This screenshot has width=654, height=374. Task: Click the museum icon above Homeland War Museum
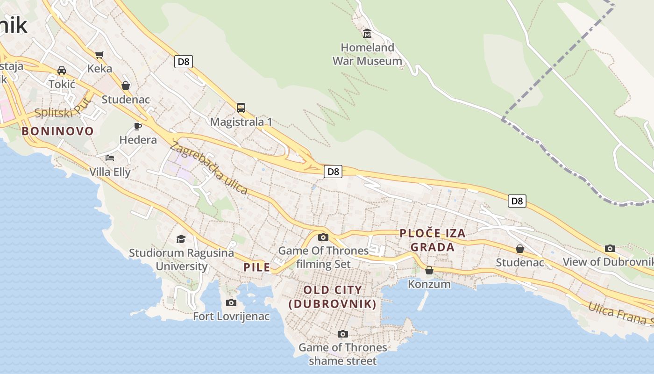367,34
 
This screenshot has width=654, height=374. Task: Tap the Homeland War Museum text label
367,54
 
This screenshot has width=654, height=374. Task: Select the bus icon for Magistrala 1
241,108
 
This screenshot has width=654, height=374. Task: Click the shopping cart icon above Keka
99,55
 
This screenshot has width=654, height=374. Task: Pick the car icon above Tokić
61,71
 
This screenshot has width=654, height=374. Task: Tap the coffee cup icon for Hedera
138,126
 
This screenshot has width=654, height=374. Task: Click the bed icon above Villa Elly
110,158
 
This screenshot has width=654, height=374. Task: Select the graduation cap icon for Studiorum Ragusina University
181,239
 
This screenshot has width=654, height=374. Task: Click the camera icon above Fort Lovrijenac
231,303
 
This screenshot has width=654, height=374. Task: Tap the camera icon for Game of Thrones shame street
343,334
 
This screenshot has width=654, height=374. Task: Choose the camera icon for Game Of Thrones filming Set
323,237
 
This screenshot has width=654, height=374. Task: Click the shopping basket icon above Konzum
429,270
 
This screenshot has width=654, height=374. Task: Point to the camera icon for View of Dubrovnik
610,248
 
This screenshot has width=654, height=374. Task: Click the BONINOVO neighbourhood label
58,131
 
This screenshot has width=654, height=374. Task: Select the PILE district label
257,267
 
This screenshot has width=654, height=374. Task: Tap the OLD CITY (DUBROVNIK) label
333,297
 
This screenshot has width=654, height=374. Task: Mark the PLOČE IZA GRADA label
433,240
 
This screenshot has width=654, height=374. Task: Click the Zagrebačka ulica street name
209,168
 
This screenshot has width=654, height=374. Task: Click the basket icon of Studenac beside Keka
125,86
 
